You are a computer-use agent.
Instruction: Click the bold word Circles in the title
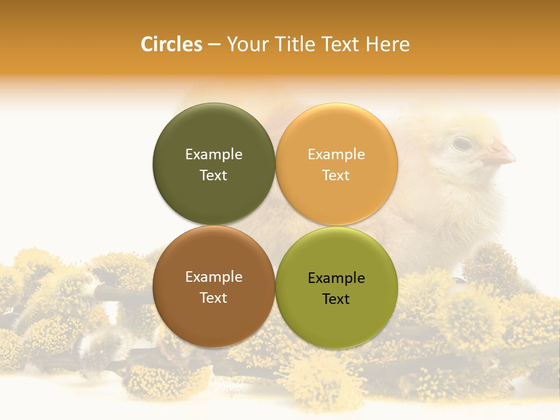(x=171, y=44)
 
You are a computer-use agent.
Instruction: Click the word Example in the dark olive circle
(x=213, y=155)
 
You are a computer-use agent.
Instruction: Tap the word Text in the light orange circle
(x=336, y=176)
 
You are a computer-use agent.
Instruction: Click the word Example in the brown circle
(x=213, y=277)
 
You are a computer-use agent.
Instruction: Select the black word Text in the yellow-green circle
(x=336, y=299)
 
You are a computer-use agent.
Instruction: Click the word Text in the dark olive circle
(x=213, y=176)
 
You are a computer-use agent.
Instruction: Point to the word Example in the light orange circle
(x=336, y=155)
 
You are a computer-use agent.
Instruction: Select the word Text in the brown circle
(x=213, y=298)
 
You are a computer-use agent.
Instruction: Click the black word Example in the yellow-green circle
(x=336, y=278)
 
